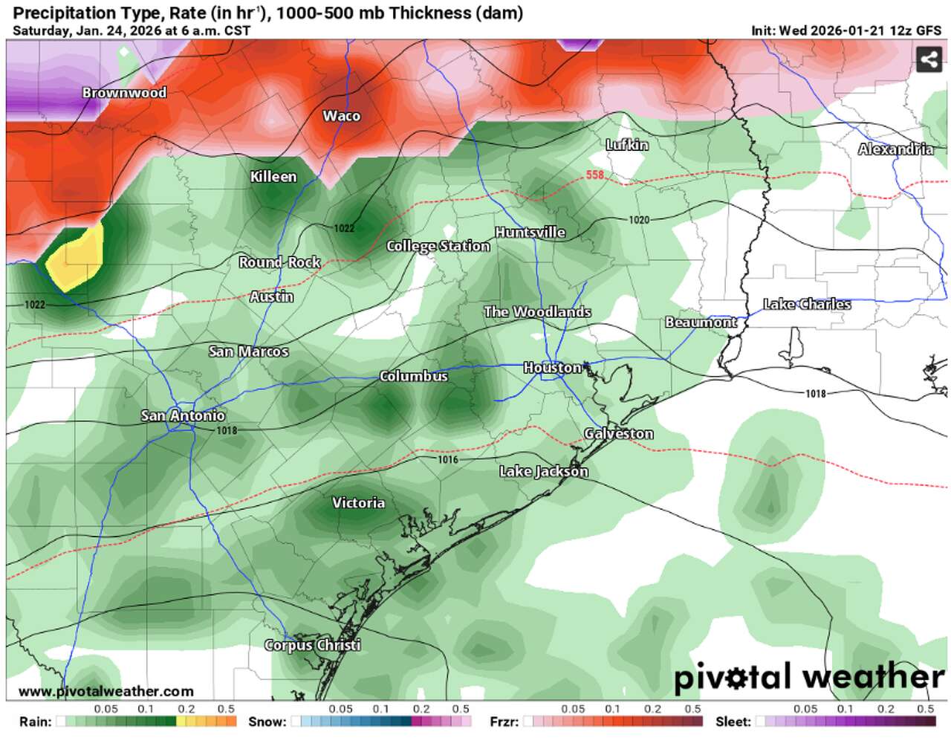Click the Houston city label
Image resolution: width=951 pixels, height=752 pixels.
[552, 368]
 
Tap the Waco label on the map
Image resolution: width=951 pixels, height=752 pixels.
[341, 116]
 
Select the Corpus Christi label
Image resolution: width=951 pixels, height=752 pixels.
[312, 645]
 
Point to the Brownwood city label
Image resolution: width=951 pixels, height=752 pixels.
[124, 93]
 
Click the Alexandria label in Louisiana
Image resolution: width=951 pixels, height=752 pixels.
[895, 149]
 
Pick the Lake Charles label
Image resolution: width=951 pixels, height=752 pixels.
[807, 304]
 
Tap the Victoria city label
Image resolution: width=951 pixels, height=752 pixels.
[358, 503]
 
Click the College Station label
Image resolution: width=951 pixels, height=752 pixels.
[438, 246]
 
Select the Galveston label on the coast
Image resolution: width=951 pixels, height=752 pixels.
[618, 433]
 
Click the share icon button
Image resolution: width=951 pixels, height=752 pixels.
[929, 59]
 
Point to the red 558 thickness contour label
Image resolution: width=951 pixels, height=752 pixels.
[594, 175]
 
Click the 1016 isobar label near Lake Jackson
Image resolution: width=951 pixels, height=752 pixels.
[447, 460]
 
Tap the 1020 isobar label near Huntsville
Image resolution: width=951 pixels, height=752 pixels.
[638, 220]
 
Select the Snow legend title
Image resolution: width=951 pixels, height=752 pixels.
[267, 722]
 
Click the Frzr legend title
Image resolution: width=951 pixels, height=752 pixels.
[504, 722]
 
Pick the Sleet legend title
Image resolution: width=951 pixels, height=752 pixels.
[733, 722]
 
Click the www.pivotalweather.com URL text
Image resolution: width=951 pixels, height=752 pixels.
[106, 692]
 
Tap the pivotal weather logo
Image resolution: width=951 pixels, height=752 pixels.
[808, 677]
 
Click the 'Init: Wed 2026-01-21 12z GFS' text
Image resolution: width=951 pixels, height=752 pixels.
[846, 30]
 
